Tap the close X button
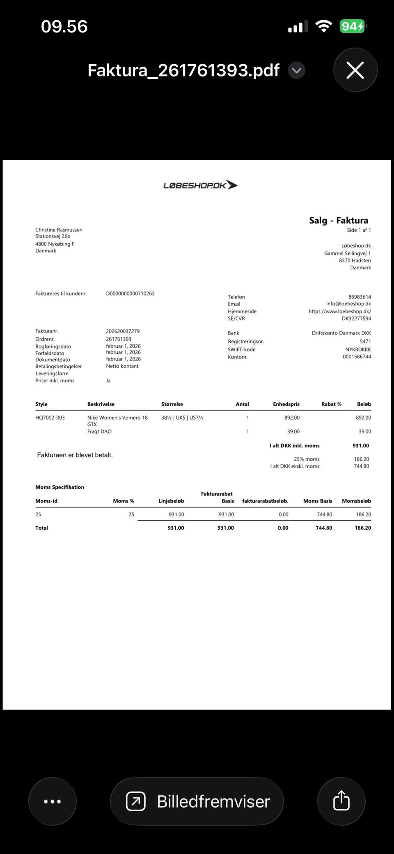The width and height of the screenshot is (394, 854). coord(355,70)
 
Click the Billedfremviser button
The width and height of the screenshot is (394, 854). coord(197,801)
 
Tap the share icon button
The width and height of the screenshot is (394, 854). coord(341,801)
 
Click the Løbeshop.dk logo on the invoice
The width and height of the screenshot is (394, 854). coord(200,185)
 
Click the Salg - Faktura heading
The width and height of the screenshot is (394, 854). coord(339,220)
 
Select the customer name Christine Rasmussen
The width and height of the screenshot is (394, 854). coord(59,230)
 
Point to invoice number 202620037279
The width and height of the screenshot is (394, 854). coord(123,331)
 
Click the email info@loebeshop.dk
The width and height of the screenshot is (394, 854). coord(348,304)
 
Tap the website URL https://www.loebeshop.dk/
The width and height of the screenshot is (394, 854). coord(339,312)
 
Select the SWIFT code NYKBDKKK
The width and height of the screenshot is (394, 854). coord(358,349)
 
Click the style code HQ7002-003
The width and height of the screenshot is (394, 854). coord(50,418)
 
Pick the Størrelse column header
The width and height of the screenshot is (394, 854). coord(172,404)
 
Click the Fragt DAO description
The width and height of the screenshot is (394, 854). coord(99,432)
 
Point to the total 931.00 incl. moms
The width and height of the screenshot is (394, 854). coord(361,445)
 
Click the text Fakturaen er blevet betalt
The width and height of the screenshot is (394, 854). coord(75,455)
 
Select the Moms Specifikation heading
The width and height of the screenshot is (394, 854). coord(60,487)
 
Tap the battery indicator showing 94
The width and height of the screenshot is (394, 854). coord(352,27)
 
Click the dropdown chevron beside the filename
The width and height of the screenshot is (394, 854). coord(296,70)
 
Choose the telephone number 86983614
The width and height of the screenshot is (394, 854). coord(360,297)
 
